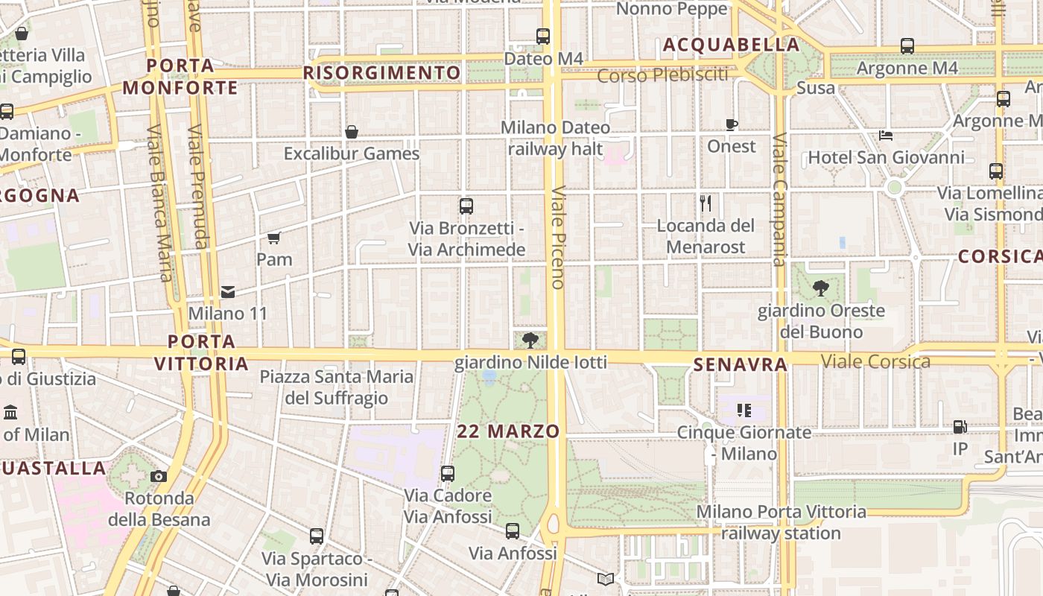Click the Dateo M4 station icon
click(543, 36)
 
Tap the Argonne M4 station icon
click(907, 46)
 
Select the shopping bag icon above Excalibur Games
click(352, 132)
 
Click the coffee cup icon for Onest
click(732, 124)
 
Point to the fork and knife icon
click(706, 203)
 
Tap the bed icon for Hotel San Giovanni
click(886, 136)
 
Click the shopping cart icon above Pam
click(273, 238)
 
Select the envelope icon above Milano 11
click(227, 291)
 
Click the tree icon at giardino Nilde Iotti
click(530, 341)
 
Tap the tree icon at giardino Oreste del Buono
click(820, 288)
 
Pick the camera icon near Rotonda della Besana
click(159, 477)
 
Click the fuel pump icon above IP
click(960, 427)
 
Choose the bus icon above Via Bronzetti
click(466, 206)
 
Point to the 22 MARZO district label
click(508, 431)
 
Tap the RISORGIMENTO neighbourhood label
click(382, 73)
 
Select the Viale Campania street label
click(779, 200)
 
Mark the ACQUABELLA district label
click(731, 45)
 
